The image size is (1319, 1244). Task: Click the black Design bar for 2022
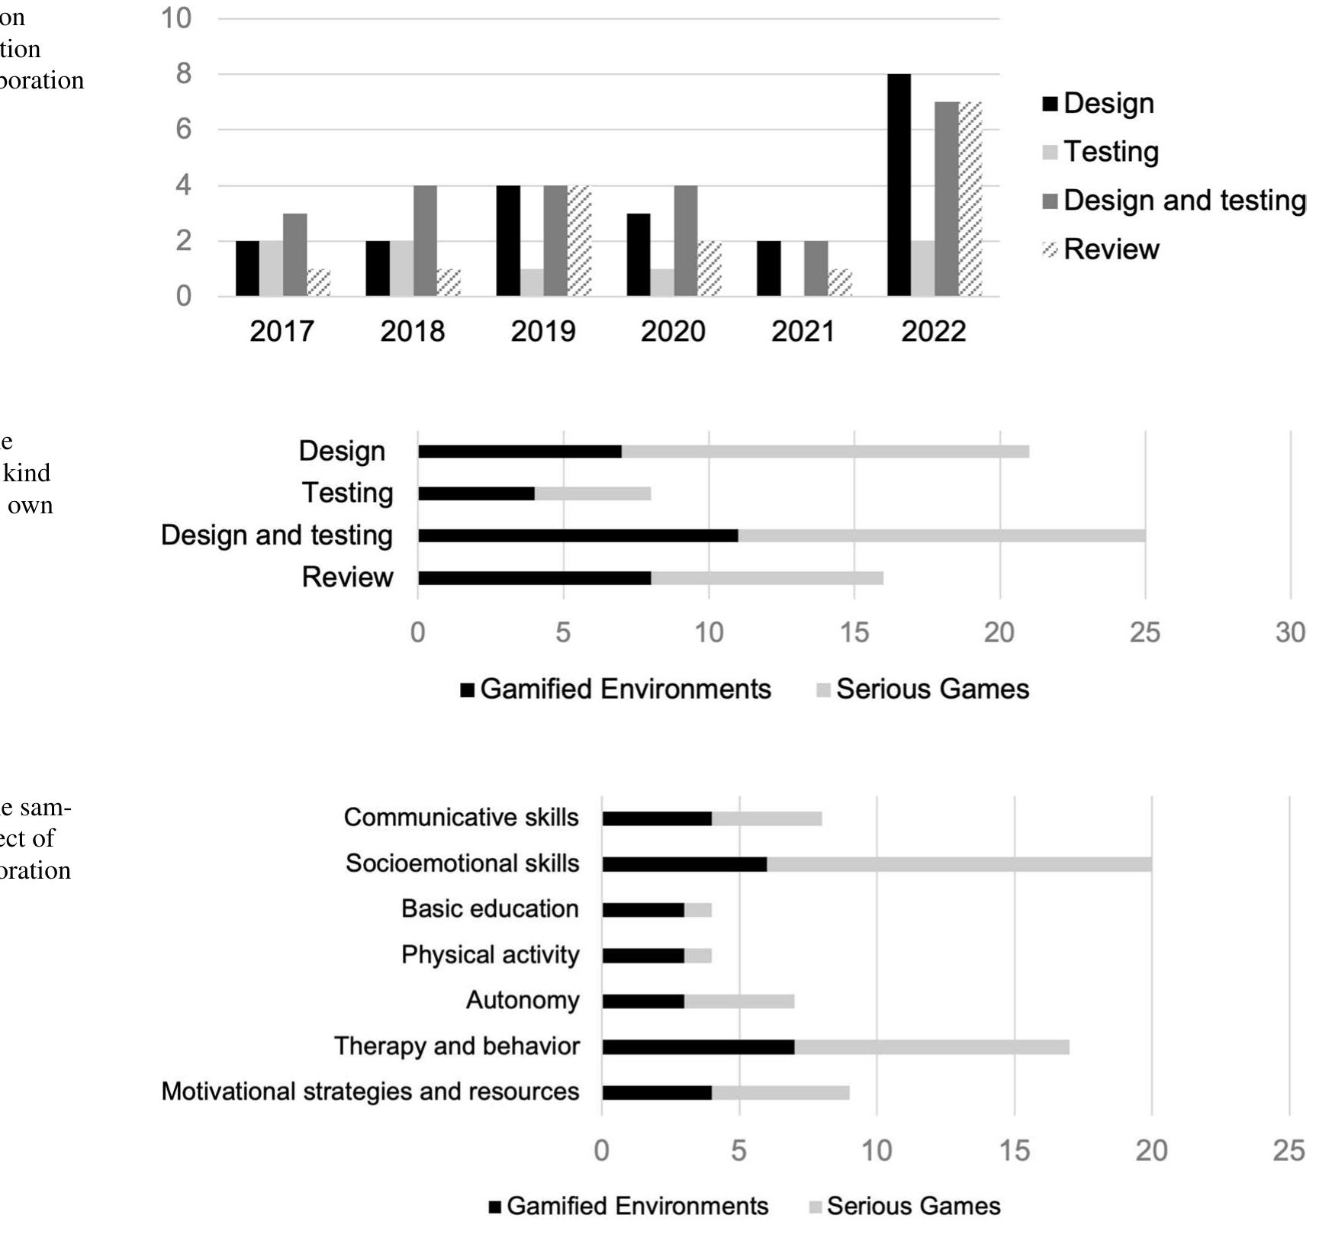click(x=899, y=185)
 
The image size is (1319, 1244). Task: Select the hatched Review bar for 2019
click(x=580, y=240)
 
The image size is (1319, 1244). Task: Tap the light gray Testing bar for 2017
click(x=271, y=268)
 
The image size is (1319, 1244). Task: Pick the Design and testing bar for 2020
click(x=685, y=240)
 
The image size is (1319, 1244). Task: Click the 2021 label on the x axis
click(x=803, y=332)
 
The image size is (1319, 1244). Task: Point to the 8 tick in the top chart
click(x=183, y=74)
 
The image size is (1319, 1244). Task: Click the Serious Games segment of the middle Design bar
click(x=825, y=452)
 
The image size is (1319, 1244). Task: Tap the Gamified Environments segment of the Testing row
click(x=476, y=493)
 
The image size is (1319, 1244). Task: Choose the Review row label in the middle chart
click(x=347, y=577)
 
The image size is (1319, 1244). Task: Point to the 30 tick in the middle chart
click(x=1290, y=632)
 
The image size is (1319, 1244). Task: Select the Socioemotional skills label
click(x=462, y=863)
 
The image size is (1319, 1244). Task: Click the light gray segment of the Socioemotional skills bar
click(x=959, y=864)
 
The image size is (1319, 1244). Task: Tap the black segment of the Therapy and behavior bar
click(x=697, y=1046)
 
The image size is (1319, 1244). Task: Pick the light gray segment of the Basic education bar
click(x=698, y=910)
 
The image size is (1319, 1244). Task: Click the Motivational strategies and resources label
click(x=370, y=1091)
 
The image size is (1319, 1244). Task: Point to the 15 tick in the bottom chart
click(x=1014, y=1150)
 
